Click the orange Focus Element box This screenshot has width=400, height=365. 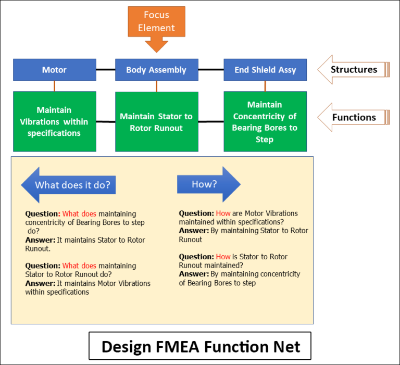(x=156, y=22)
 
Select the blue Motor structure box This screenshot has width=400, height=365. (x=55, y=70)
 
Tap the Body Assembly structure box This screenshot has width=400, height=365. (x=157, y=70)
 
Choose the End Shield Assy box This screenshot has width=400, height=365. (x=265, y=70)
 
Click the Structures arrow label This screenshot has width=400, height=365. (x=354, y=70)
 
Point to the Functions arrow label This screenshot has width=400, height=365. (x=354, y=117)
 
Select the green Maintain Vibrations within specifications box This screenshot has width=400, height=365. (x=55, y=121)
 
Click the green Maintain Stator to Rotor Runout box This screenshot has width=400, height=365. (x=157, y=122)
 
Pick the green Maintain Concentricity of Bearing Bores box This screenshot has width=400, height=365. (x=265, y=121)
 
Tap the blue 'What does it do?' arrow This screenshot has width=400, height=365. (x=68, y=185)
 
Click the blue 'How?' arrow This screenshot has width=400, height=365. (x=209, y=184)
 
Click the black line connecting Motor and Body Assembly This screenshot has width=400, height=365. (x=106, y=69)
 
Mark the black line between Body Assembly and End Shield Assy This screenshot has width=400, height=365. (x=211, y=69)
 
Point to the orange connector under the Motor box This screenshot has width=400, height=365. (x=54, y=86)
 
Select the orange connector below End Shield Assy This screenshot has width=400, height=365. (x=265, y=86)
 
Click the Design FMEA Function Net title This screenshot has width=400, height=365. (x=200, y=346)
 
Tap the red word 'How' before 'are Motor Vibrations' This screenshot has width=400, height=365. (x=223, y=213)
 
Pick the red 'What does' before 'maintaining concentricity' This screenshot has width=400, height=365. (x=79, y=214)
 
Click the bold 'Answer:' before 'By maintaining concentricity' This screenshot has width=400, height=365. (x=194, y=274)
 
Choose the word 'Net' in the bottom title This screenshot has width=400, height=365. (x=287, y=347)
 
